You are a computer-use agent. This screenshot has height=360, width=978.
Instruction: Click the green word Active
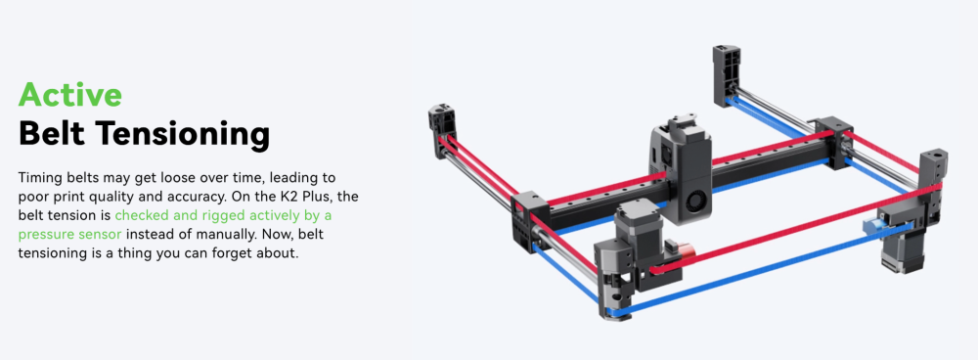(x=69, y=94)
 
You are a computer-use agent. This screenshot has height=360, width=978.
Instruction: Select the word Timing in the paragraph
(x=39, y=178)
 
